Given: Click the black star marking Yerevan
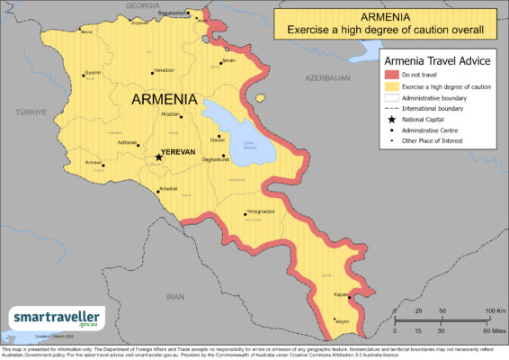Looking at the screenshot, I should coord(159,157).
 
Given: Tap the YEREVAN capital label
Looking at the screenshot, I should coord(178,153).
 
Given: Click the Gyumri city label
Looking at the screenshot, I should coord(92,72).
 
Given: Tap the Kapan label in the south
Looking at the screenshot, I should coord(342,293).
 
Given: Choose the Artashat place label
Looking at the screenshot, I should coord(168,188).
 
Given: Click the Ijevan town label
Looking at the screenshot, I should coord(228,60).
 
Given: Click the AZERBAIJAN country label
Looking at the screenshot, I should coord(326,78).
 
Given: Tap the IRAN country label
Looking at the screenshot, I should coord(175,296).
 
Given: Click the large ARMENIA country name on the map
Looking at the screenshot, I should coord(165,99).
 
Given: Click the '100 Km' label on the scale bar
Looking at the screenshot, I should coord(484,310).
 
